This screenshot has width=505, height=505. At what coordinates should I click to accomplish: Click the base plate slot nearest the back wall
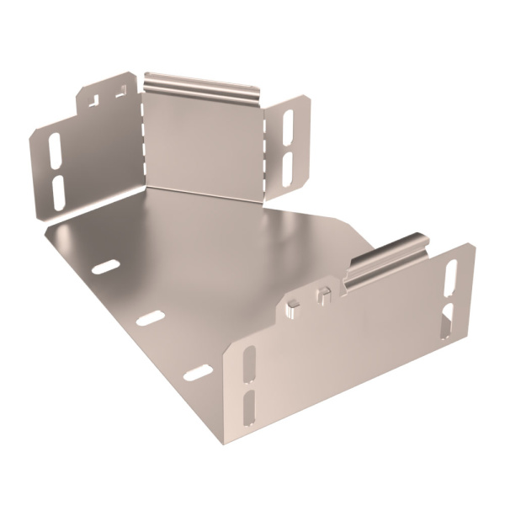(x=105, y=268)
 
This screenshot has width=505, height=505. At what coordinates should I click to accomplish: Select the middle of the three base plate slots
(x=151, y=317)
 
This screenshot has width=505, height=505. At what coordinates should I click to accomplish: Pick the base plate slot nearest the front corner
(x=199, y=372)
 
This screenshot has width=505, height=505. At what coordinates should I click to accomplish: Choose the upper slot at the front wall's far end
(x=450, y=276)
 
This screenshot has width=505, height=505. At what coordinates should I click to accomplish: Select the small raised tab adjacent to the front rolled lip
(x=323, y=296)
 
